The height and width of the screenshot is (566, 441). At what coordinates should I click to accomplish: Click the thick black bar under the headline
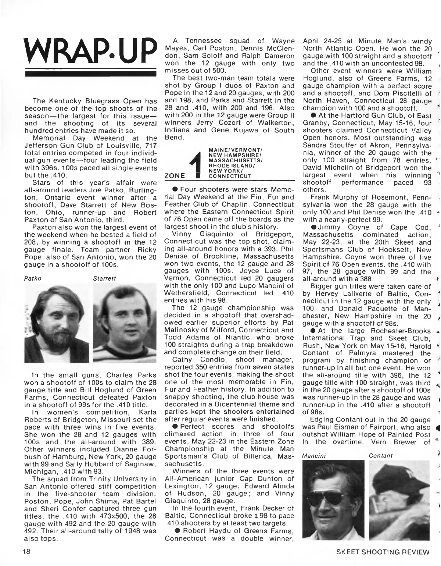[88, 74]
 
